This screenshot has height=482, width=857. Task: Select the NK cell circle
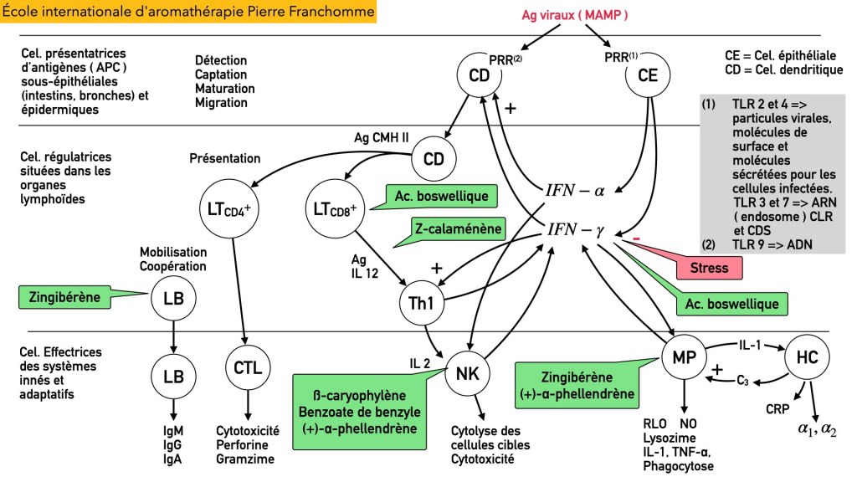[463, 373]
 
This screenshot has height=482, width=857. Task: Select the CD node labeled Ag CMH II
[433, 159]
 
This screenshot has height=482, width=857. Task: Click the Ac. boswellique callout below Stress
[731, 304]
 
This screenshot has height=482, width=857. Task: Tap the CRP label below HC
[777, 410]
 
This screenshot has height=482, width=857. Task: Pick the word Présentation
[225, 158]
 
